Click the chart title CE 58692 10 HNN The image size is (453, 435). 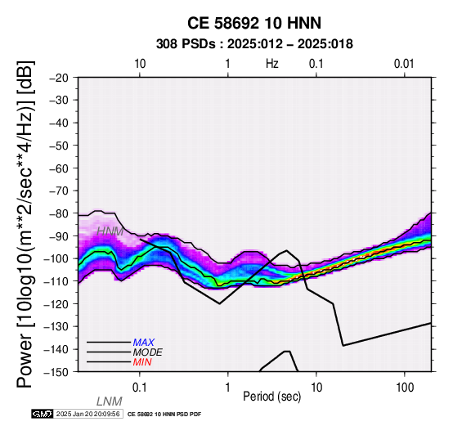point(254,23)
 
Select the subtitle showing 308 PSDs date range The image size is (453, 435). point(254,44)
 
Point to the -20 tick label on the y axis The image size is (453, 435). point(59,78)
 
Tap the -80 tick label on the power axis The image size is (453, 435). point(59,213)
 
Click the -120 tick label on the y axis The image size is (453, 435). point(56,304)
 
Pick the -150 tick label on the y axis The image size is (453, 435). point(56,372)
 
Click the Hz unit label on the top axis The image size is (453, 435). point(272,64)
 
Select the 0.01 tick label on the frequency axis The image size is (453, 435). point(404,64)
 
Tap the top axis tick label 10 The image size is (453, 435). point(140,64)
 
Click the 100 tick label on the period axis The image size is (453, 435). point(405,388)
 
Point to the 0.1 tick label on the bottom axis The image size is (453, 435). point(139,388)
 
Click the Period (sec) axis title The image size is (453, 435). point(271,397)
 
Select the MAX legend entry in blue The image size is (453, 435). point(144,343)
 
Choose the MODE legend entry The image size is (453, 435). point(148,352)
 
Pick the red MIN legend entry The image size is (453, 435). point(142,362)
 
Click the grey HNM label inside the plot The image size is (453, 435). point(110,231)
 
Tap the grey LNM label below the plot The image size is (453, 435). point(110,401)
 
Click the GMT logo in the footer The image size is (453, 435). point(43,414)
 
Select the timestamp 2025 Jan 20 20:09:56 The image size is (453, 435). point(87,414)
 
